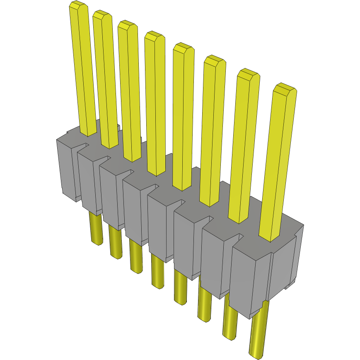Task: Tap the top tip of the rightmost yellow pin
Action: click(x=285, y=89)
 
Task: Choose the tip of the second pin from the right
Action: click(x=248, y=74)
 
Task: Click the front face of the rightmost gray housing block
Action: click(x=249, y=282)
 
